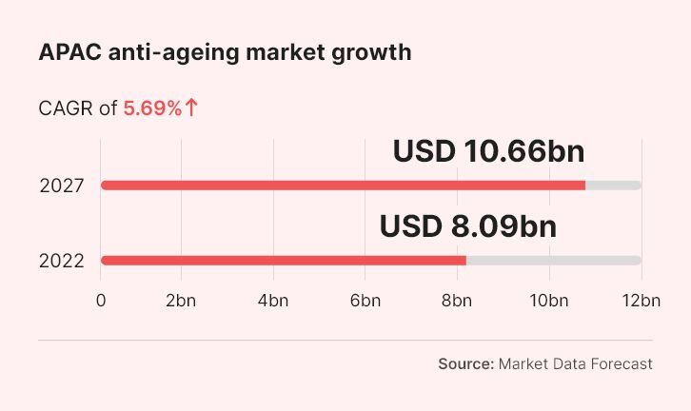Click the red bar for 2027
point(343,185)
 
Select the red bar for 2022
point(284,261)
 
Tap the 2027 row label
point(62,186)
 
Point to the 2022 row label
point(62,262)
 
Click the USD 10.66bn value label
point(488,151)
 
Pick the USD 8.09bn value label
point(467,226)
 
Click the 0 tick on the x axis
point(101,301)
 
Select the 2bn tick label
point(181,301)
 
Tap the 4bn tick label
point(273,301)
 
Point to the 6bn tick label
point(365,301)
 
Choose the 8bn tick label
point(457,301)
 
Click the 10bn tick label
point(548,301)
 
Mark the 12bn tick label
point(641,301)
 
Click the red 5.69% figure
point(152,108)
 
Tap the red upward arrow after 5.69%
point(192,108)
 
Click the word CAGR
point(66,108)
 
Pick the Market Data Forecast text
point(576,363)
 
